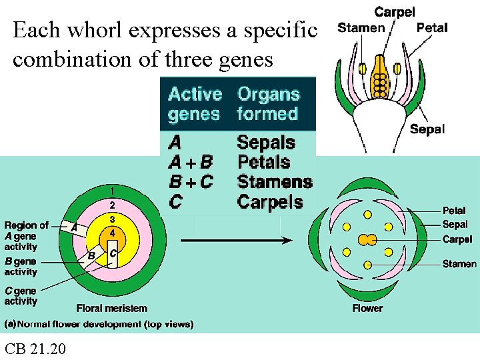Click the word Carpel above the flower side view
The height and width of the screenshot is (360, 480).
[395, 12]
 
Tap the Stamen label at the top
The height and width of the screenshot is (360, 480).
[361, 28]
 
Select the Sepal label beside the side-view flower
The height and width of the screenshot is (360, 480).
[427, 129]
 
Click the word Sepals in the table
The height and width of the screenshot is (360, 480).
[265, 142]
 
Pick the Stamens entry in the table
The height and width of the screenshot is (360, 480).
[274, 182]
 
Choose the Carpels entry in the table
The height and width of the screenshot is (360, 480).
[269, 202]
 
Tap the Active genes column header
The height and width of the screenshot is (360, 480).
[195, 104]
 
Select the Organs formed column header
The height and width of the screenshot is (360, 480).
[268, 104]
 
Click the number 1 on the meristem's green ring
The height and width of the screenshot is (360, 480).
[113, 191]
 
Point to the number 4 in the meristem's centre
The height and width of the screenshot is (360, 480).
[113, 233]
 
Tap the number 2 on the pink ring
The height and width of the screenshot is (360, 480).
[113, 205]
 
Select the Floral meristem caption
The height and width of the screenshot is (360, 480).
[112, 308]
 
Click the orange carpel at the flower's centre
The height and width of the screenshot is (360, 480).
[367, 239]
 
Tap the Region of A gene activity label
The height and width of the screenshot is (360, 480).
[26, 235]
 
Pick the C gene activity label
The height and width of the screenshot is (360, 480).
[21, 295]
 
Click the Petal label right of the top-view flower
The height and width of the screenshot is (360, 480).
[454, 211]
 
